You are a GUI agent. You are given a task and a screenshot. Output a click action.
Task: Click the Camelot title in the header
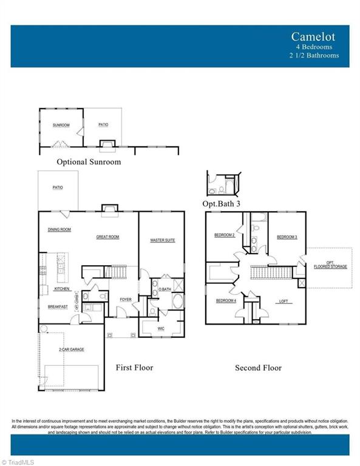tap(313, 36)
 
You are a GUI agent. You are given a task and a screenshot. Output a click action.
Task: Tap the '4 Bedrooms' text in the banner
tap(315, 47)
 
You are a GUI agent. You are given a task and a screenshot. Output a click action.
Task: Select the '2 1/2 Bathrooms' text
tap(314, 55)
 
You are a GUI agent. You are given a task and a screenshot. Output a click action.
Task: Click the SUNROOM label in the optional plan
tap(61, 126)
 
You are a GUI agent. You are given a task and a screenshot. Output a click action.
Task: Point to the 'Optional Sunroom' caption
tap(89, 162)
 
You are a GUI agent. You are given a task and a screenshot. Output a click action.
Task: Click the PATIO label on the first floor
tap(58, 187)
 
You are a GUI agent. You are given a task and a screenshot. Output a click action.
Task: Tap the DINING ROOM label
tap(59, 229)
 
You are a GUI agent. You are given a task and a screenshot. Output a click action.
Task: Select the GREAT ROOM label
tap(107, 237)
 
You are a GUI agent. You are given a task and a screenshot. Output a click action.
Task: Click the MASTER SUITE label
tap(162, 240)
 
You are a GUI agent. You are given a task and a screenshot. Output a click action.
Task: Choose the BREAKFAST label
tap(58, 307)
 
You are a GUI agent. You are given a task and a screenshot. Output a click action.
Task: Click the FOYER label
tap(125, 299)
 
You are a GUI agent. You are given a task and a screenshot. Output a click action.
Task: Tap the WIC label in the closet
tap(161, 328)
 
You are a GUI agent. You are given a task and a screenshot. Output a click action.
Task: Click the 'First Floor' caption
tap(134, 368)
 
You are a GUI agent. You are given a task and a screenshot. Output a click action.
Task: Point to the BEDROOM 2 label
tap(224, 235)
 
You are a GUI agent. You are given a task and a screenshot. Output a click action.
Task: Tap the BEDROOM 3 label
tap(287, 237)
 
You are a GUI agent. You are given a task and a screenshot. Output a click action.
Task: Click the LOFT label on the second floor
tap(284, 301)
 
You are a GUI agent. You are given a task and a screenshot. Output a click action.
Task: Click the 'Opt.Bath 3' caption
tap(221, 204)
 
